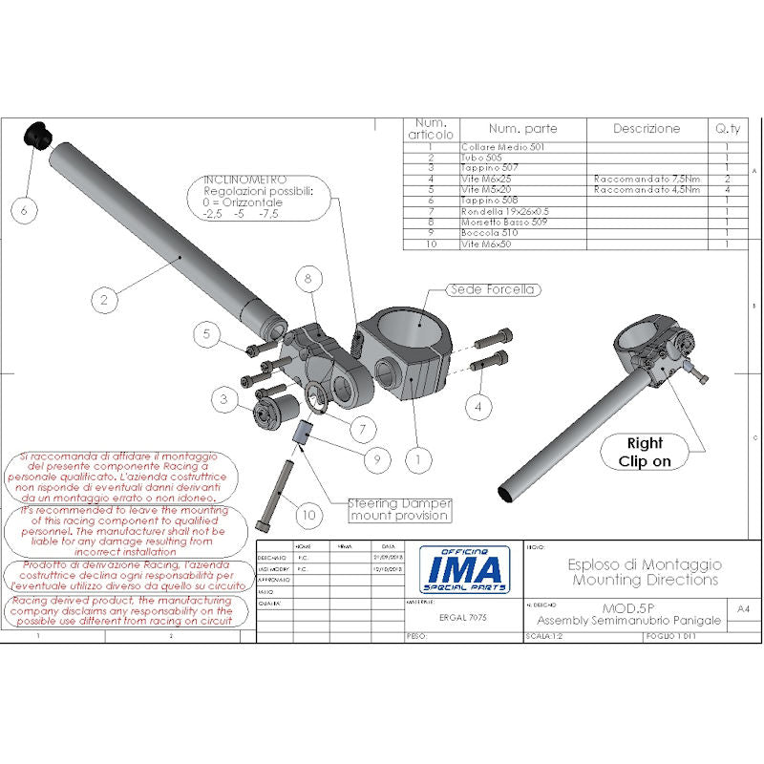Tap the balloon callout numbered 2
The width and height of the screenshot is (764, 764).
[x=104, y=299]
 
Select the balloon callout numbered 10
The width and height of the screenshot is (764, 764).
[x=308, y=515]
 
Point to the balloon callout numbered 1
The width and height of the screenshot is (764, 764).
[x=416, y=458]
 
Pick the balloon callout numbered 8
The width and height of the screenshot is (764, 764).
[x=308, y=279]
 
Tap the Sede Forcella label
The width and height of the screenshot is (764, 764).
[x=494, y=289]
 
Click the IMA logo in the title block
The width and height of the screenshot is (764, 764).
[x=461, y=570]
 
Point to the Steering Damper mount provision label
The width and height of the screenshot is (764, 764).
[x=398, y=509]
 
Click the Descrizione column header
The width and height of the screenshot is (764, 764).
[x=646, y=128]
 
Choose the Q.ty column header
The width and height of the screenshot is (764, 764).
[x=727, y=128]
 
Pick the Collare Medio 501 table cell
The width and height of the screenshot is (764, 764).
[x=502, y=147]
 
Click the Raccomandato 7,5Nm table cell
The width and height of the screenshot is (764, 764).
[x=646, y=179]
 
